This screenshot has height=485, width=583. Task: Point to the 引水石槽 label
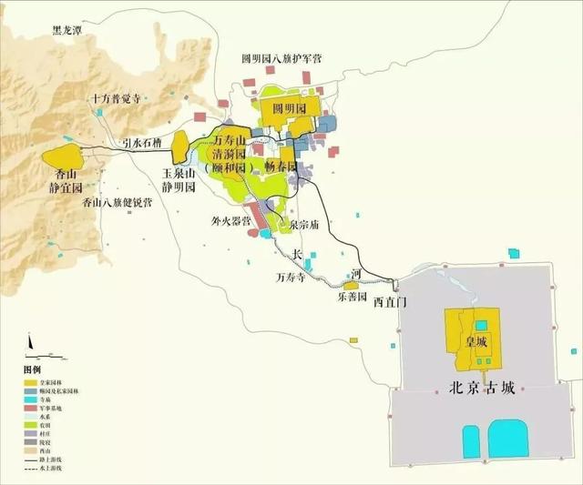140,142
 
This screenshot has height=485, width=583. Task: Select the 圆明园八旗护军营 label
281,57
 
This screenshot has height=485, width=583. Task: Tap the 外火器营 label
231,220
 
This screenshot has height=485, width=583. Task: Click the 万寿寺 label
292,276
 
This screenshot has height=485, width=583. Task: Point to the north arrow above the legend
30,342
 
